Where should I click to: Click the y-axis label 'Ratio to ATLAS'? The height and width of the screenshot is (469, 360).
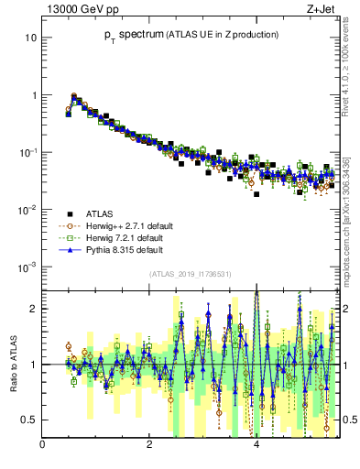(14, 364)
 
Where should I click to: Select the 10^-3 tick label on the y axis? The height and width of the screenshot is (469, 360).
(28, 267)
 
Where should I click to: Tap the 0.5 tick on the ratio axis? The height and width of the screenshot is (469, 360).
(28, 420)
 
